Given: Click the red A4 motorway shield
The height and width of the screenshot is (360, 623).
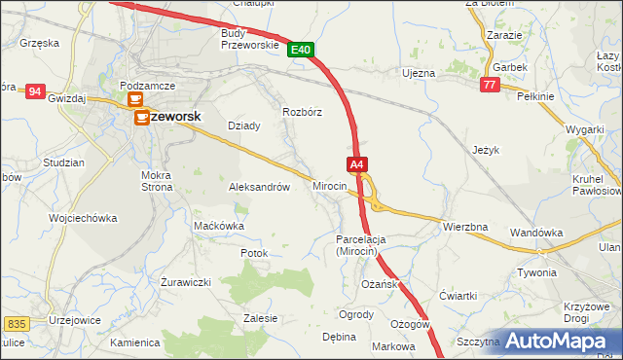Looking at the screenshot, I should coord(357,165).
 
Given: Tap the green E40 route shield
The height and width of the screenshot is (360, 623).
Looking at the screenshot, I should coord(301,50).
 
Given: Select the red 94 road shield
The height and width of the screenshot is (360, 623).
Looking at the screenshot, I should coord(35,91).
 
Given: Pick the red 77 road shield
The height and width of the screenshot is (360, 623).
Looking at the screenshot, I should coord(491,86).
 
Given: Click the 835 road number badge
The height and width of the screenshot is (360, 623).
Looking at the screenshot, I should coord(16,323).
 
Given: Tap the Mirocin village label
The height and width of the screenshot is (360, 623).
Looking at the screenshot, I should coord(330,185).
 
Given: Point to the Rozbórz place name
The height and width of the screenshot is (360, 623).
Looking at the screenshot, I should coord(302,112).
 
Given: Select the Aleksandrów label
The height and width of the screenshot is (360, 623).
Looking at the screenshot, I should coord(259,187).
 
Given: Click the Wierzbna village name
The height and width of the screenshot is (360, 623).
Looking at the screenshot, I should coord(464,227).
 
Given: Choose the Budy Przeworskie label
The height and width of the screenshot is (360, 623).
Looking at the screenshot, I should coord(250,39).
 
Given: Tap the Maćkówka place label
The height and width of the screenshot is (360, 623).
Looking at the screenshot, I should coord(219,226).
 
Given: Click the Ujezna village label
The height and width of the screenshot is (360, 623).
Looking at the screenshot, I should coord(419,73).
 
